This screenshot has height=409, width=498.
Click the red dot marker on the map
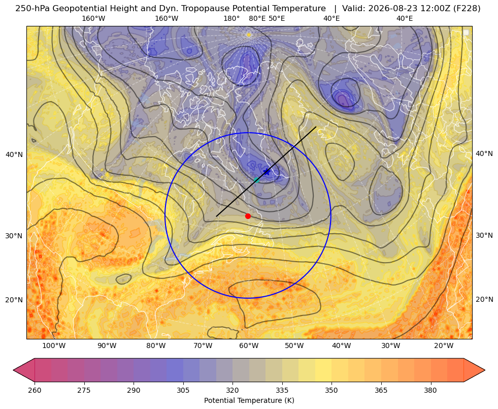[248, 216]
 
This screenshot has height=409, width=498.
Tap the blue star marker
[267, 172]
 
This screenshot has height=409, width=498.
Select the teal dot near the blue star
[257, 180]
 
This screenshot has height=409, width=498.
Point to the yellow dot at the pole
[249, 35]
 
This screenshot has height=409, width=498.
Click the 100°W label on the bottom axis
[54, 346]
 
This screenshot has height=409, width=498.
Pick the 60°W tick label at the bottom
[249, 346]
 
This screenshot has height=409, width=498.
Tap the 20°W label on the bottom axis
[444, 346]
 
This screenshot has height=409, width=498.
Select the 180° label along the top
[231, 18]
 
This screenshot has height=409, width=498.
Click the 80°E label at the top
[257, 18]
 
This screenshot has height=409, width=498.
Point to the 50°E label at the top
[277, 18]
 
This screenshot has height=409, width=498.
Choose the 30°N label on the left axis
[14, 236]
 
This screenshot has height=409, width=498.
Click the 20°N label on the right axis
[484, 299]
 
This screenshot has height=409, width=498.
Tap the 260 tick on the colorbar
[35, 390]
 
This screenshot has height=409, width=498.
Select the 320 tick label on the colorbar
[233, 390]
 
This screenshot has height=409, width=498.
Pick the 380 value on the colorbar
[430, 390]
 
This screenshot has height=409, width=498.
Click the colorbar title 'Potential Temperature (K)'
[249, 400]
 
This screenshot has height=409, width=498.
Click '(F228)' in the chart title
[467, 9]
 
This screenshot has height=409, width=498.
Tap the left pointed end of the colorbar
[13, 370]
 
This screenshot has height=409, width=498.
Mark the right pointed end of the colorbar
[485, 370]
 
